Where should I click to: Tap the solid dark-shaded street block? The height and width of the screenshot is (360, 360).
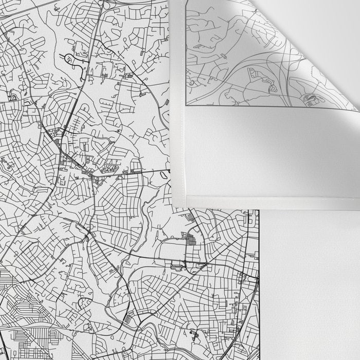tap(191, 240)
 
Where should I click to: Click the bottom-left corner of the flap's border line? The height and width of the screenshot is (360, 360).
tap(186, 105)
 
